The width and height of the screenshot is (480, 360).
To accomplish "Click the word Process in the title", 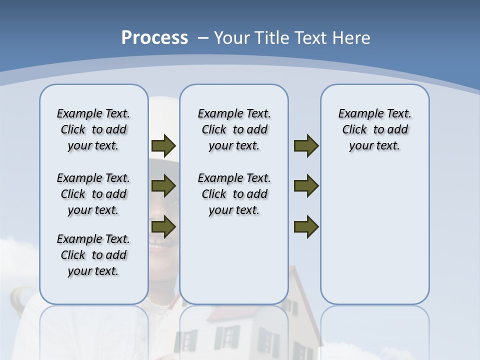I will click(x=154, y=38).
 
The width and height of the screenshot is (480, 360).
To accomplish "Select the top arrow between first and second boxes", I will click(x=163, y=145).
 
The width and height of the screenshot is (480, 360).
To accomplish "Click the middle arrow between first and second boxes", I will click(x=163, y=186).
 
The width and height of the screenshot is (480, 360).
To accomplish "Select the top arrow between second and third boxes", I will click(x=306, y=145).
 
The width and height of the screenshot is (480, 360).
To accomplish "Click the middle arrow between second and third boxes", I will click(x=306, y=186).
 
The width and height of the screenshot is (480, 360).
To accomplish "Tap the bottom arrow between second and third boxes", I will click(x=306, y=226).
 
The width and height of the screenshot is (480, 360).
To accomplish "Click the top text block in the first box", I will click(x=93, y=129).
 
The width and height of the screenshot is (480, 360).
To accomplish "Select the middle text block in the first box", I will click(x=93, y=194).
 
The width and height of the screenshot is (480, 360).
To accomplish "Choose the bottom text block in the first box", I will click(x=93, y=255).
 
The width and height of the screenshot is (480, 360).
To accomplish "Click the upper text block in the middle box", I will click(x=234, y=129).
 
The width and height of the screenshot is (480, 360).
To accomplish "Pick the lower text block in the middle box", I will click(x=234, y=194).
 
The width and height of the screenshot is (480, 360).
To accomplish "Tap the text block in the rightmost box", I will click(x=374, y=129).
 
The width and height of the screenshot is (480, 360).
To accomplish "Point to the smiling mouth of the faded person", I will click(x=159, y=245).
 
